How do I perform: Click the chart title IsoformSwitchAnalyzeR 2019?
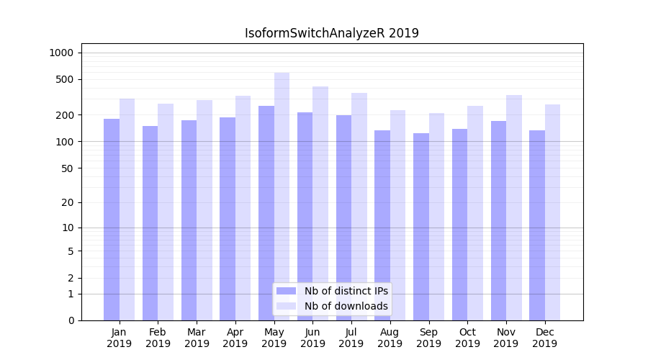pyautogui.click(x=331, y=33)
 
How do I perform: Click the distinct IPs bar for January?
pyautogui.click(x=112, y=220)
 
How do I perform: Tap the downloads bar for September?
pyautogui.click(x=436, y=216)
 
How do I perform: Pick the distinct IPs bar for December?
pyautogui.click(x=537, y=225)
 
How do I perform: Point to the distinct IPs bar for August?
pyautogui.click(x=382, y=225)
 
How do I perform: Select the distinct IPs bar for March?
pyautogui.click(x=189, y=220)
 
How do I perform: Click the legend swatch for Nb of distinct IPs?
pyautogui.click(x=286, y=291)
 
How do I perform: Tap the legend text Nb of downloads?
pyautogui.click(x=346, y=306)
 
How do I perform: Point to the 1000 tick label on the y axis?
pyautogui.click(x=61, y=53)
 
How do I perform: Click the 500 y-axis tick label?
pyautogui.click(x=64, y=79)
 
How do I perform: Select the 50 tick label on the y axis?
pyautogui.click(x=67, y=168)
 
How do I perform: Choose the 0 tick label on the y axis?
pyautogui.click(x=70, y=320)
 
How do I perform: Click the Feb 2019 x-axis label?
pyautogui.click(x=158, y=338)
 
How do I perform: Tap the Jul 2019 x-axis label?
pyautogui.click(x=351, y=338)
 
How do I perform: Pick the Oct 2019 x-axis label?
pyautogui.click(x=467, y=338)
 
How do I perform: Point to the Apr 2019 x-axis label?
pyautogui.click(x=235, y=338)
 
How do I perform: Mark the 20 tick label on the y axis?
pyautogui.click(x=67, y=202)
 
